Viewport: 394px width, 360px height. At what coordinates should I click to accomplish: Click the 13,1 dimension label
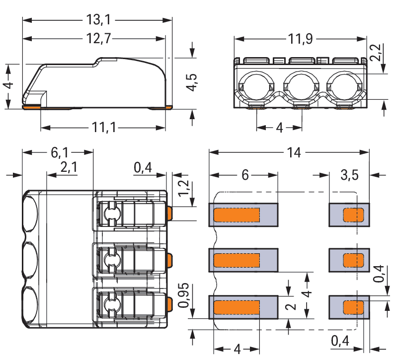(97, 19)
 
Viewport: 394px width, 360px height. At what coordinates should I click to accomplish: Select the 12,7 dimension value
(97, 38)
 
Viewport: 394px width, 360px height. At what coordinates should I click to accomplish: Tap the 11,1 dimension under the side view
(103, 127)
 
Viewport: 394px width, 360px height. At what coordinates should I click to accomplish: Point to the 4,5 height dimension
(192, 82)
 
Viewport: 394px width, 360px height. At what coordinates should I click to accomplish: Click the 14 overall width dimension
(294, 152)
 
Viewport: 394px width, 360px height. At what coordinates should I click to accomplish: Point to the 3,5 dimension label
(350, 175)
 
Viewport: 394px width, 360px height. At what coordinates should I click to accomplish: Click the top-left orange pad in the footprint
(236, 215)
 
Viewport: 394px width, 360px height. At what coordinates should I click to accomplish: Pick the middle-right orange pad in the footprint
(354, 260)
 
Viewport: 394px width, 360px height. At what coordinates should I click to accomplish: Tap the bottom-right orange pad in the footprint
(354, 307)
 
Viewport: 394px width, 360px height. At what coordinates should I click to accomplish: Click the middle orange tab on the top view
(169, 259)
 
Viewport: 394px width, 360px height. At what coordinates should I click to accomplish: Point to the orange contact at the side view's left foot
(33, 107)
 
